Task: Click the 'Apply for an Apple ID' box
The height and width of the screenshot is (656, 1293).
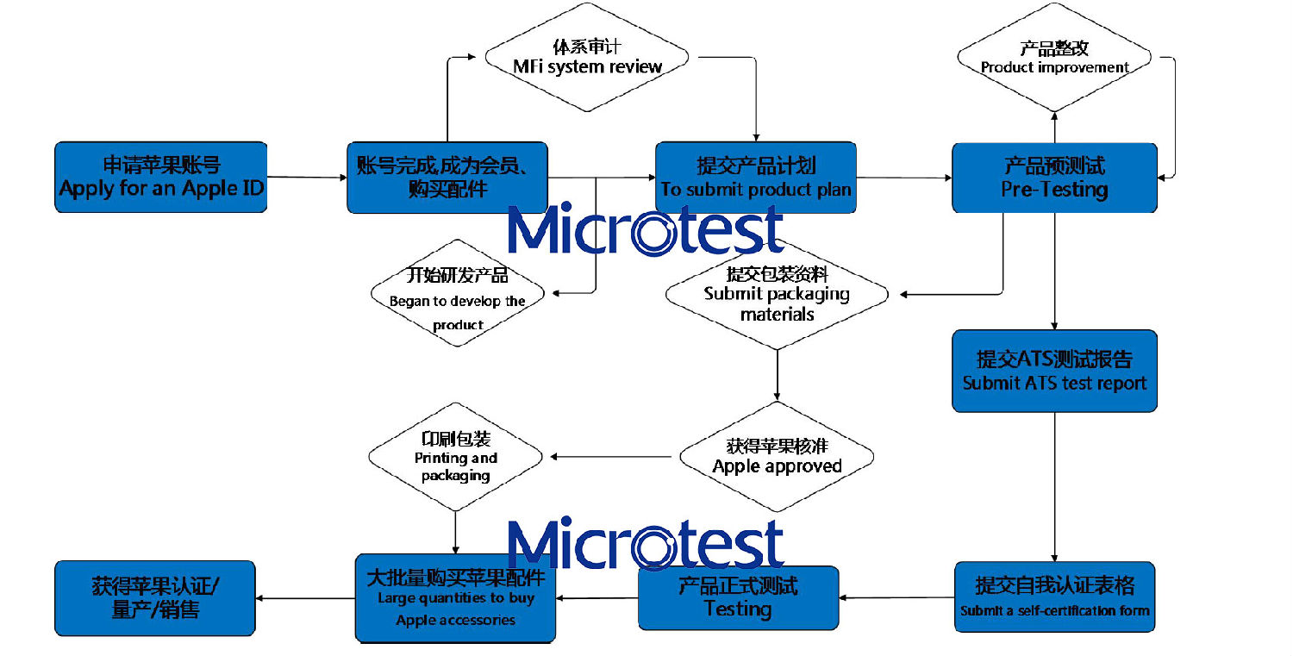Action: click(x=161, y=177)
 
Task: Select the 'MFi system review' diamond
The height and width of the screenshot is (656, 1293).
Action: click(x=587, y=58)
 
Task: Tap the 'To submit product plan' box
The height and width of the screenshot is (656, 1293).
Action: click(x=755, y=178)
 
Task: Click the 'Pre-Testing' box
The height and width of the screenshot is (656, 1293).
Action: click(x=1053, y=178)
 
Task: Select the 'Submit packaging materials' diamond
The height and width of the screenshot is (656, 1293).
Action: click(x=777, y=294)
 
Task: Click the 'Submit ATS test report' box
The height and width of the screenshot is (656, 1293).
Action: click(x=1053, y=371)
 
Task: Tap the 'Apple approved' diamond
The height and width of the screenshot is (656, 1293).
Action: click(x=777, y=456)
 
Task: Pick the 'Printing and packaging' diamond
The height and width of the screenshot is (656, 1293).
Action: click(x=455, y=457)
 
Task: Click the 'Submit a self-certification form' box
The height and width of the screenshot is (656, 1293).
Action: click(x=1053, y=597)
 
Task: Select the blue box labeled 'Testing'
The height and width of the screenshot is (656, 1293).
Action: click(x=738, y=597)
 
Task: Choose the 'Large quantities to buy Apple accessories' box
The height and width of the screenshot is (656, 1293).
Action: click(x=455, y=597)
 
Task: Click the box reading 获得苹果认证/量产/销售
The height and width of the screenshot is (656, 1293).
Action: click(x=155, y=597)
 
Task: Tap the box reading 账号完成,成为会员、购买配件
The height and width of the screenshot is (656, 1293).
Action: click(x=447, y=178)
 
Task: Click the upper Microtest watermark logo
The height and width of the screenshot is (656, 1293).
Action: click(x=645, y=229)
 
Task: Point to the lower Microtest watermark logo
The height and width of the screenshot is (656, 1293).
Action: click(x=645, y=543)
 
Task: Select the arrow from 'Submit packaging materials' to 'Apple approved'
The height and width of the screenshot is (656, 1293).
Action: click(x=777, y=375)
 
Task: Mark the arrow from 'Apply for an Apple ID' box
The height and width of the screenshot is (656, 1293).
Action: click(x=307, y=178)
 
